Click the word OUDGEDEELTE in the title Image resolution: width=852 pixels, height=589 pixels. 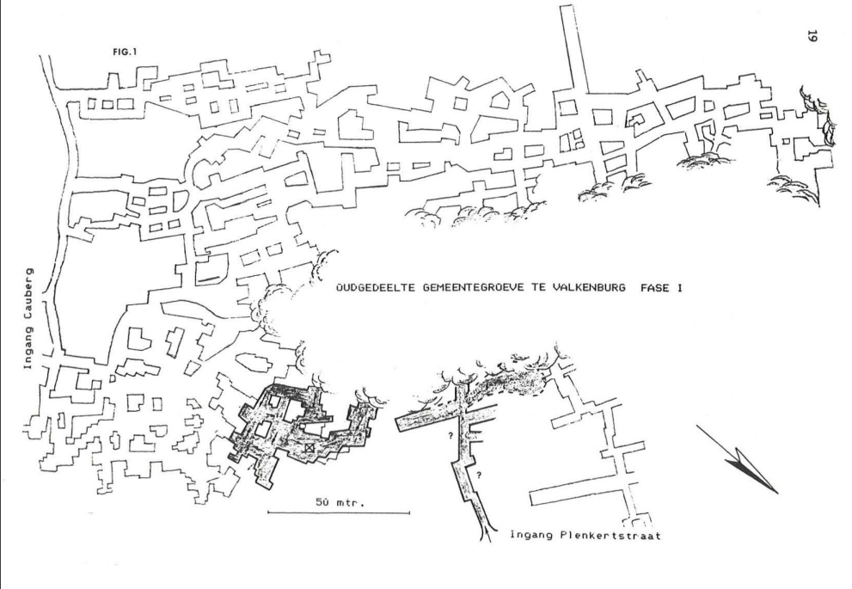[x=374, y=290]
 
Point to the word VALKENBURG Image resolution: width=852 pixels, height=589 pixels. [x=584, y=290]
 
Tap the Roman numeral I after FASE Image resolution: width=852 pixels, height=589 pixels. [x=679, y=290]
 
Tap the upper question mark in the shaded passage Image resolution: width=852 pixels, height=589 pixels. [x=451, y=436]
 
